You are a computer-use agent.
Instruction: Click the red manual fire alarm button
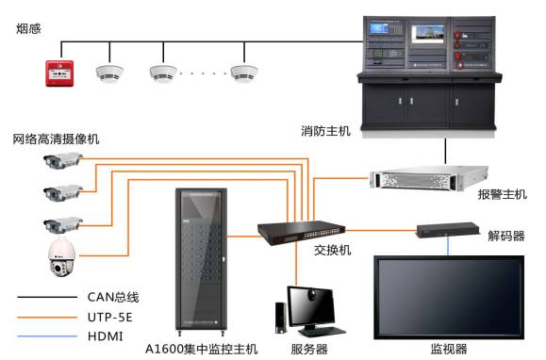pos(59,74)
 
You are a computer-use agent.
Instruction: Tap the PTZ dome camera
pos(61,257)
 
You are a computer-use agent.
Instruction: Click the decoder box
pos(448,229)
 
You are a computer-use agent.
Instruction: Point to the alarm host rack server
pos(429,178)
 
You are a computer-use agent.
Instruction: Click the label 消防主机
pos(325,131)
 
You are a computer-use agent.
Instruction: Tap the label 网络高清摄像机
pos(56,139)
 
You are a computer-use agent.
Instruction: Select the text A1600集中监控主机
pos(201,349)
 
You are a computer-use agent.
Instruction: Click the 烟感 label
pos(28,28)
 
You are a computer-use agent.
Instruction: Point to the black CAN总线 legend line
pos(47,297)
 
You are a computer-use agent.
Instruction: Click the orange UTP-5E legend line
pos(47,318)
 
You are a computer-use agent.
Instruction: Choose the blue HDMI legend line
pos(47,336)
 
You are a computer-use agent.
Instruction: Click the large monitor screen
pos(449,298)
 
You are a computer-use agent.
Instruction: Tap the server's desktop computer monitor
pos(311,306)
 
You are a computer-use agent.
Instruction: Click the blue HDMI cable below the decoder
pos(448,246)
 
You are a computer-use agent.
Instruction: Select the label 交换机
pos(332,250)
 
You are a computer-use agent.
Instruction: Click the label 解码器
pos(506,236)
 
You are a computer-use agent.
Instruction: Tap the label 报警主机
pos(502,194)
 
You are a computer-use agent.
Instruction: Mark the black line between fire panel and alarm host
pos(445,151)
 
